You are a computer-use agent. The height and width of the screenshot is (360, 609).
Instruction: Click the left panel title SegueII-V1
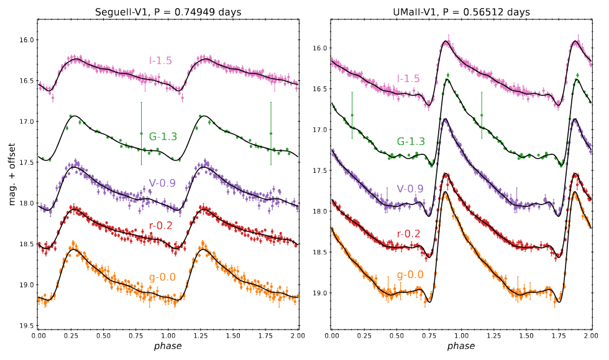[168, 12]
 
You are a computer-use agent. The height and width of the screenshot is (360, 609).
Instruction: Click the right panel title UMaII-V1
[461, 12]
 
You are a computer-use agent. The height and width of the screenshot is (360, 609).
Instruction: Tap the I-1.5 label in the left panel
[160, 60]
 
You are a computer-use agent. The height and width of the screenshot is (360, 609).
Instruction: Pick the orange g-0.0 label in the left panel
[162, 277]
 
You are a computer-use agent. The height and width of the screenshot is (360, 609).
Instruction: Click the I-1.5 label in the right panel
[408, 78]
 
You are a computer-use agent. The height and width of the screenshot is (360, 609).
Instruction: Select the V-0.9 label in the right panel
[410, 189]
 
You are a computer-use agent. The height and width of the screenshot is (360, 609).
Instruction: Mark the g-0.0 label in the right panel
[410, 274]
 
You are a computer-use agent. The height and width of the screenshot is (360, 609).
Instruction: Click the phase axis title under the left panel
[168, 346]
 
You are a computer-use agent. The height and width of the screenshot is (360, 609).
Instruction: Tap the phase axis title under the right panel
[461, 346]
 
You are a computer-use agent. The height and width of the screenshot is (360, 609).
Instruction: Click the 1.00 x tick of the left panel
[168, 335]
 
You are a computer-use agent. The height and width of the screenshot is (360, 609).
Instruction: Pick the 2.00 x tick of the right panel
[590, 335]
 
